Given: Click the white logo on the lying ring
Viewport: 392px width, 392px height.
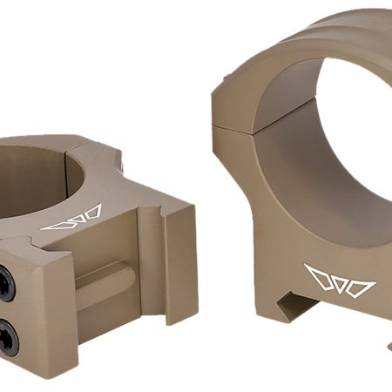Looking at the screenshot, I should point(74,218).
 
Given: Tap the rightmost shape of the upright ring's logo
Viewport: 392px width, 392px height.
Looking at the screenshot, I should point(361,287).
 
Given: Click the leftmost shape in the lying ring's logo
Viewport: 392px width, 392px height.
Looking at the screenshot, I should point(55,224).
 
